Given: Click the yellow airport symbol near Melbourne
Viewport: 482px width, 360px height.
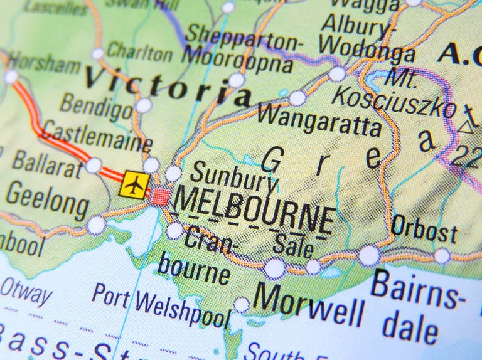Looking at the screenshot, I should pos(134,184).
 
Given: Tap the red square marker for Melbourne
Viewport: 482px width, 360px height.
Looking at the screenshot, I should pos(161,197).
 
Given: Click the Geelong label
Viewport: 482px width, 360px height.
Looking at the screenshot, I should pos(48,200).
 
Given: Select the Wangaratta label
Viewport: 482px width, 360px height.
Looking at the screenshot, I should pos(319,119).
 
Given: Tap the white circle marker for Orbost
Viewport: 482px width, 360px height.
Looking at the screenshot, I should pos(442,256).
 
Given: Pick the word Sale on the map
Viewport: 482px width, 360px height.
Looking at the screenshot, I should pos(294,245).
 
